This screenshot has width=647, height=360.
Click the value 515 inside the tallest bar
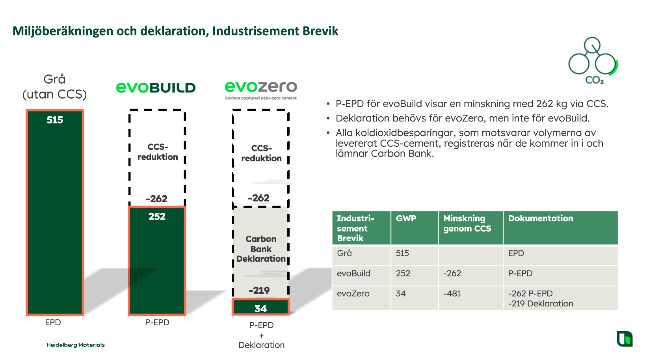(55, 120)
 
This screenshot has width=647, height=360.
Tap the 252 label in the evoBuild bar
(157, 216)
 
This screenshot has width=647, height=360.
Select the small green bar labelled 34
(260, 307)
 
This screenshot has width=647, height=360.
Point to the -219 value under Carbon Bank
(259, 290)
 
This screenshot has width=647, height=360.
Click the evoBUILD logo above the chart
(156, 88)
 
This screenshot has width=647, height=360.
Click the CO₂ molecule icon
(593, 61)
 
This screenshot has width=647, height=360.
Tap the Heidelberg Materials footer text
(76, 345)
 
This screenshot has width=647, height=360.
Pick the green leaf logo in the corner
(625, 339)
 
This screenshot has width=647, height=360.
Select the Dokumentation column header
(541, 218)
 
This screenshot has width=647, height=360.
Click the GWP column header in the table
(406, 218)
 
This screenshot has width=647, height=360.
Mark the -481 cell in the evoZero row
(452, 293)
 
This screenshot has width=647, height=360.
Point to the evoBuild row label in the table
(353, 273)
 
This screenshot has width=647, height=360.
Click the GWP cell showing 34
(401, 293)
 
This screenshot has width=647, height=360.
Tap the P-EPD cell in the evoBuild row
(520, 273)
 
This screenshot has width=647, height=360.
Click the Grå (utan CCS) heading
(55, 87)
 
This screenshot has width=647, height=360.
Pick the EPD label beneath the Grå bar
(53, 323)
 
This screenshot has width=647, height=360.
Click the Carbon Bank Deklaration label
(261, 249)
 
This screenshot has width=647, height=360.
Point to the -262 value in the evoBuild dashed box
(156, 199)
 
